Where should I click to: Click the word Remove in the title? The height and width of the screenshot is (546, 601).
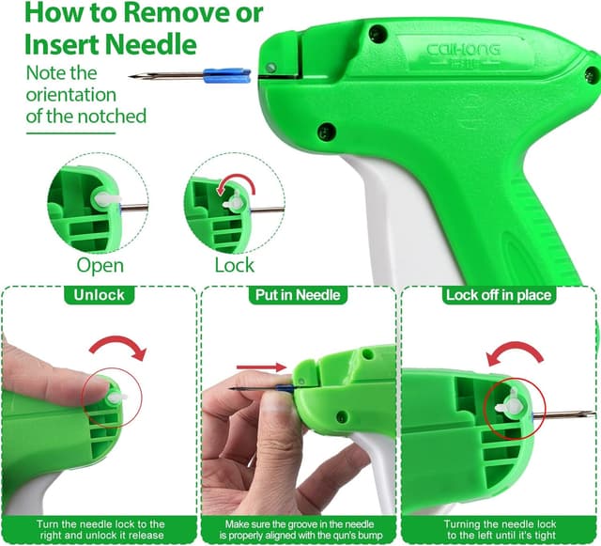[177, 12]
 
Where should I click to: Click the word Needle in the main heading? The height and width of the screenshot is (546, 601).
[151, 44]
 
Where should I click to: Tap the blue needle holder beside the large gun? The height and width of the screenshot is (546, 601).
[227, 75]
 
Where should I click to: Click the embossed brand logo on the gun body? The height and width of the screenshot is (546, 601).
[463, 52]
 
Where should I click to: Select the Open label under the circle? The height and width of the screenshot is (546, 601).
[100, 266]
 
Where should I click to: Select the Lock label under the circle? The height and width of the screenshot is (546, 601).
[234, 265]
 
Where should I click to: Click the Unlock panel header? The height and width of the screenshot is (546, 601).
[99, 295]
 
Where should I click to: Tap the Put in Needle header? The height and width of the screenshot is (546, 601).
[298, 295]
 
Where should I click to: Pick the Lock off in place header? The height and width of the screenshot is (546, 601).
[499, 295]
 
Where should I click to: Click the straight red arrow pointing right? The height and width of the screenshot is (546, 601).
[262, 367]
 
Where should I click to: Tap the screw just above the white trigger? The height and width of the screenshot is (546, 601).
[327, 132]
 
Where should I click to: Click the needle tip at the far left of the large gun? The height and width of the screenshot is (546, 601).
[131, 77]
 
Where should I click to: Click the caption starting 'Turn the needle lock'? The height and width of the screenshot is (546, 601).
[100, 530]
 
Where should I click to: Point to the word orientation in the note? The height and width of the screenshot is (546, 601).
[71, 95]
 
